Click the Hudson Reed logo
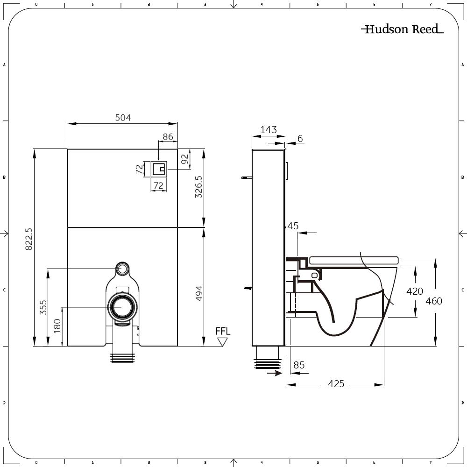402,29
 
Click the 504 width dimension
123,118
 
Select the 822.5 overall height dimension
28,239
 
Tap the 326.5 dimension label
198,187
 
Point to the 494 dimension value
198,293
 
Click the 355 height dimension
43,307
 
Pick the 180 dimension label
57,325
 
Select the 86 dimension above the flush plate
168,137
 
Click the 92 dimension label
184,159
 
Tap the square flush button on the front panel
159,168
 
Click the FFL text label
223,332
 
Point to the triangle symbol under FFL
223,342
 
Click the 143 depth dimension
269,130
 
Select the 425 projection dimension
336,384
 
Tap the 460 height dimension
434,301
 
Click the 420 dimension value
415,291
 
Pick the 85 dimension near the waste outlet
299,365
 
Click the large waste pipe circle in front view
123,307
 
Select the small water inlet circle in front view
123,269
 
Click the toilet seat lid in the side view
353,260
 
